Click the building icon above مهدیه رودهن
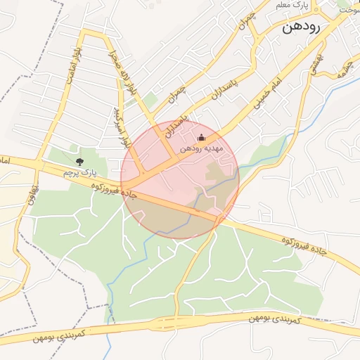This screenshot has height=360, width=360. click(202, 137)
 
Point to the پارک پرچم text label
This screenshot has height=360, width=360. click(78, 172)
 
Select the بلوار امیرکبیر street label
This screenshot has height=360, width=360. click(123, 127)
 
